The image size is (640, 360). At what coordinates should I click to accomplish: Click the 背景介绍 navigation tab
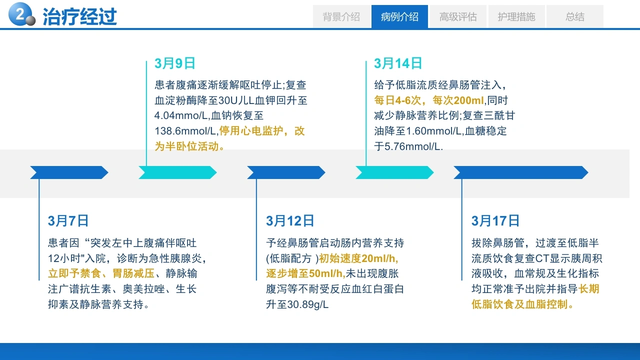(x=341, y=16)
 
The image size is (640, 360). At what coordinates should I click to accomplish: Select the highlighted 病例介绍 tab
(x=399, y=16)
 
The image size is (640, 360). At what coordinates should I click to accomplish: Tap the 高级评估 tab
(x=458, y=16)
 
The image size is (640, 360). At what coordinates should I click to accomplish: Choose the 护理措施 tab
(x=516, y=16)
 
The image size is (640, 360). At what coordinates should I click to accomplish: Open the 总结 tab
(x=575, y=16)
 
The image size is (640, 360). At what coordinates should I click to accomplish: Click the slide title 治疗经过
(x=79, y=16)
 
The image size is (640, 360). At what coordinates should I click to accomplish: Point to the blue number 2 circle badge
(x=20, y=13)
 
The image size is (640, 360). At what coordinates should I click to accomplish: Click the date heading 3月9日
(x=175, y=63)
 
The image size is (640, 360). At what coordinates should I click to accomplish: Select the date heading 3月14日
(x=398, y=63)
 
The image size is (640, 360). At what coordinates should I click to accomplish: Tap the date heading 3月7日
(x=68, y=221)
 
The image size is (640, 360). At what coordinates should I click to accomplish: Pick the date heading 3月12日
(x=290, y=221)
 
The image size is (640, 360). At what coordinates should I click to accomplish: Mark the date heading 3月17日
(x=495, y=221)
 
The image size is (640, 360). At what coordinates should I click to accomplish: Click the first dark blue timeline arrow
(x=69, y=172)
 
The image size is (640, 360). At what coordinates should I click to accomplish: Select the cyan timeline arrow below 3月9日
(x=177, y=172)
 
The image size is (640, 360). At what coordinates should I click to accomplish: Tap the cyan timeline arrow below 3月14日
(x=394, y=172)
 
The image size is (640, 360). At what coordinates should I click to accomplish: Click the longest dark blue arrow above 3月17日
(x=521, y=172)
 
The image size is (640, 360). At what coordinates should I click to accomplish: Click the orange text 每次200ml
(x=458, y=100)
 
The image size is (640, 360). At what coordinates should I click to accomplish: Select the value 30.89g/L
(x=307, y=304)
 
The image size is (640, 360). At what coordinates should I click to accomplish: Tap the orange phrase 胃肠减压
(x=133, y=273)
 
